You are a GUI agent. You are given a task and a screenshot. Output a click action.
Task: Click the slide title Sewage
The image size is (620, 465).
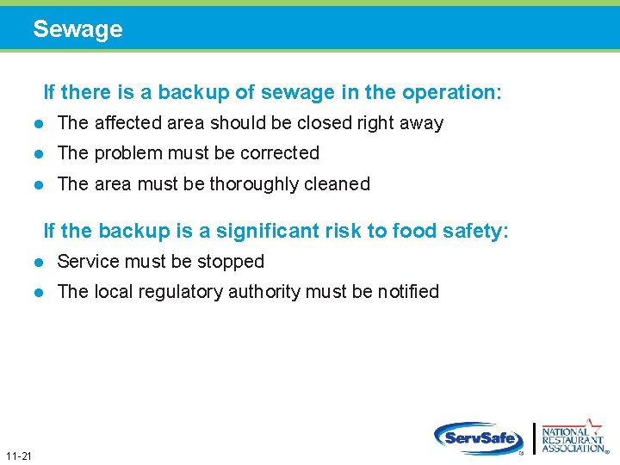point(77,29)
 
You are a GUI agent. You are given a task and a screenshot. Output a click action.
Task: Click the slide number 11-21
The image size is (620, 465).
point(18,456)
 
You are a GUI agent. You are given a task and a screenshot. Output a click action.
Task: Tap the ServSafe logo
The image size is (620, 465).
point(479,438)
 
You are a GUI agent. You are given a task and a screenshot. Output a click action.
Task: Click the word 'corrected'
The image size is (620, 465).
point(280,153)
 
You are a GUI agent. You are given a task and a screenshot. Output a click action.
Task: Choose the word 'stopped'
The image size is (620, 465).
point(232,261)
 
